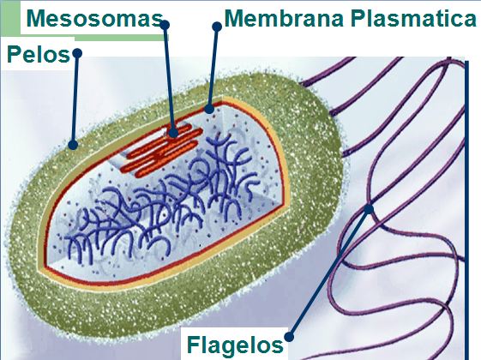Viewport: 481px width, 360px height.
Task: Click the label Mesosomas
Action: pos(94,19)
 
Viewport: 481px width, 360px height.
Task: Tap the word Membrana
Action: pos(284,19)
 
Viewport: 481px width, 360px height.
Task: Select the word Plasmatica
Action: pos(413,19)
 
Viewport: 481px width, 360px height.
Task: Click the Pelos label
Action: pos(39,55)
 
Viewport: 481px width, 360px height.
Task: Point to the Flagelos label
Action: pos(235,345)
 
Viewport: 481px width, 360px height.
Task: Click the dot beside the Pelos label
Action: pos(77,53)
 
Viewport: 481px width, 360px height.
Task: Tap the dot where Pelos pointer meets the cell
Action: pos(73,145)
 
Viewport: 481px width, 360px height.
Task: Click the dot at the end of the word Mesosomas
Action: pos(165,25)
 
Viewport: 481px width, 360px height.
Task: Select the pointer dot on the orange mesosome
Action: pos(173,133)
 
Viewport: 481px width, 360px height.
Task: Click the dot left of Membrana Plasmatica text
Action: pos(217,27)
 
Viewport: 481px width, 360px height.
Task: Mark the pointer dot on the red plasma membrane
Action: pos(209,109)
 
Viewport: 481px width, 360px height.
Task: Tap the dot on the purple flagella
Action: pos(369,209)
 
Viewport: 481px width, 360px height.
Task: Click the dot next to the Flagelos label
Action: pos(289,337)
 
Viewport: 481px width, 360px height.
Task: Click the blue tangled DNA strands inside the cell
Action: pos(159,196)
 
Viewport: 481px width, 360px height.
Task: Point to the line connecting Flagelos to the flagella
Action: pos(329,273)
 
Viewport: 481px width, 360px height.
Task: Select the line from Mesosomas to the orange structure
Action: pos(169,79)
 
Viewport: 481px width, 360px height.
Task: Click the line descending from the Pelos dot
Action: pos(75,99)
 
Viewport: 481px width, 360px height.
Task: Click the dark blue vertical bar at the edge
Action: pos(467,210)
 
